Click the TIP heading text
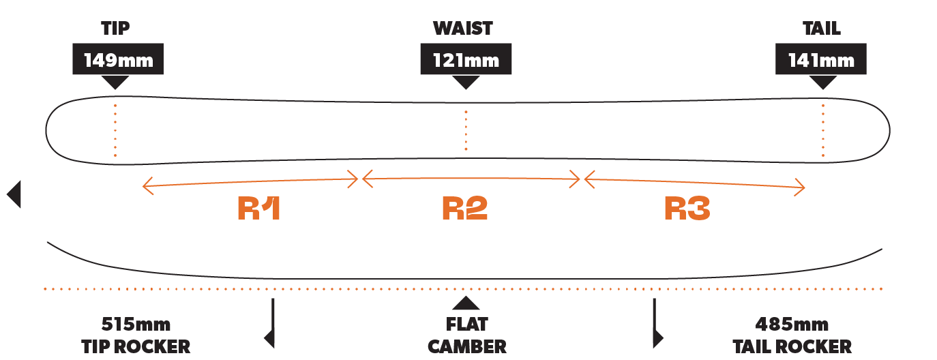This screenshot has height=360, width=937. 115,29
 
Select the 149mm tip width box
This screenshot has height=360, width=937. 118,59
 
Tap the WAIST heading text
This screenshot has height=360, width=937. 462,29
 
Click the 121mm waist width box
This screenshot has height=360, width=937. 466,59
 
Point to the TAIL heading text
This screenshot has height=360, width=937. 821,29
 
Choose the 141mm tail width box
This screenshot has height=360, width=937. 820,59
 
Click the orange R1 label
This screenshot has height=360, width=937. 258,208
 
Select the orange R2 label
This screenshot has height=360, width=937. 464,208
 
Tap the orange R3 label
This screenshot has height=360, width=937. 687,208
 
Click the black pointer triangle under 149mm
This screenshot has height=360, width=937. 115,82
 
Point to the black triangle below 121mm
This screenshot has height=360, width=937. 466,82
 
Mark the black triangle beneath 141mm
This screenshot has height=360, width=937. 823,82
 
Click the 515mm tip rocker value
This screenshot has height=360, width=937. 136,325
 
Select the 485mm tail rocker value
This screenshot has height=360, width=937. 792,325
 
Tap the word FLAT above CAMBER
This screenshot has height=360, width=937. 467,325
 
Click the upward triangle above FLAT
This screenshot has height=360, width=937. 466,303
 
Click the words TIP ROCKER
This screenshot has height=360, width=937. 136,346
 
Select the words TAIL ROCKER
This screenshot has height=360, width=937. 792,346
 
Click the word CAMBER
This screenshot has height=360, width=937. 467,346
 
